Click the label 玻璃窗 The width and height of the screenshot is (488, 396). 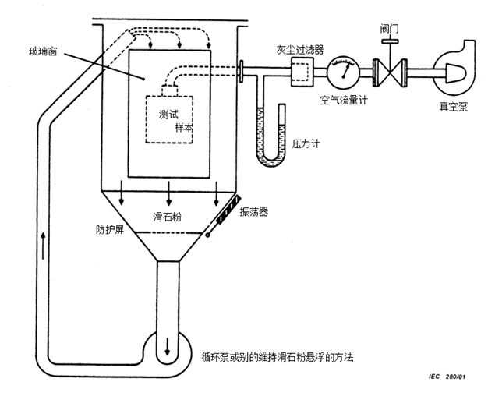tap(43, 51)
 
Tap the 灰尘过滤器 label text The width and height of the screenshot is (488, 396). tap(300, 50)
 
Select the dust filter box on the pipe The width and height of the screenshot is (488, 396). tap(302, 72)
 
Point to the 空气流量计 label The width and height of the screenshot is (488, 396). tap(344, 101)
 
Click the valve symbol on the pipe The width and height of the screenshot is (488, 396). tap(390, 72)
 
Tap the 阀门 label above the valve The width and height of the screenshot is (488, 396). tap(389, 30)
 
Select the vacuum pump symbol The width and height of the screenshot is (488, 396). tap(454, 70)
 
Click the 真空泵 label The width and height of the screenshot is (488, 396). tap(453, 107)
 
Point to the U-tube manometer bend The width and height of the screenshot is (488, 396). tap(271, 161)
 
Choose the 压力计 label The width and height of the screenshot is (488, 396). tap(306, 144)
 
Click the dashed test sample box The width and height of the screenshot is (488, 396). tap(169, 119)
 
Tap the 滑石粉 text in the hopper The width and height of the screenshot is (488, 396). tap(167, 217)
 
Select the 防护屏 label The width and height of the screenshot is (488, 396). tap(110, 230)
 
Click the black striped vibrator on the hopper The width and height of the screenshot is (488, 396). tap(228, 210)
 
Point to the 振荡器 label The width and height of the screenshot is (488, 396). tap(253, 212)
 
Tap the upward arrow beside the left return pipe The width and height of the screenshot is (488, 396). tap(43, 246)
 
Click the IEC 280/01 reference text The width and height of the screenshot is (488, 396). tap(447, 377)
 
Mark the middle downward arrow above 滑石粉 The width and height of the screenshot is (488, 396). tap(169, 193)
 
